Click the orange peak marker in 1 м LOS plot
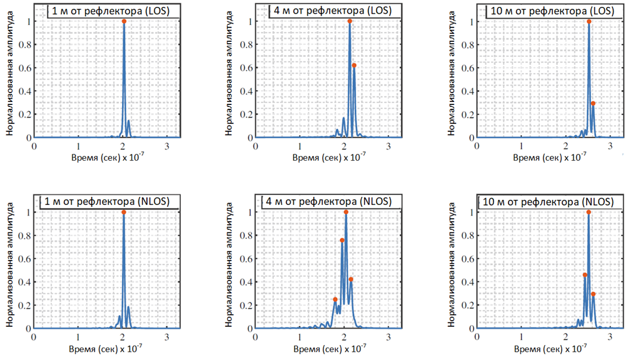124,21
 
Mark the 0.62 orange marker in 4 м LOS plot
354,65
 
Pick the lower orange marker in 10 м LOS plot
593,103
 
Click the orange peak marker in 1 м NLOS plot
124,212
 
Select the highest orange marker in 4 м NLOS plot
346,212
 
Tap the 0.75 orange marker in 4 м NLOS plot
342,241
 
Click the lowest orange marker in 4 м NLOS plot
335,299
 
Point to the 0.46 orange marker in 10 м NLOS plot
585,275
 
